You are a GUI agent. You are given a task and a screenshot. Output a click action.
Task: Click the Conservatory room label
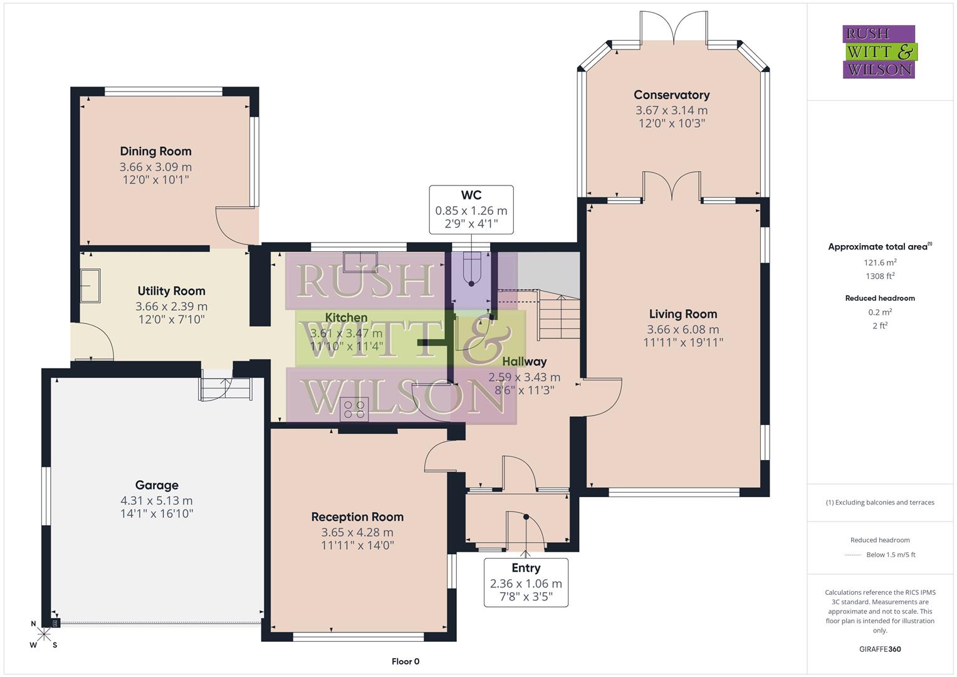671,95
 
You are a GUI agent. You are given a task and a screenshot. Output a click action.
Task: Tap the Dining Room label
155,151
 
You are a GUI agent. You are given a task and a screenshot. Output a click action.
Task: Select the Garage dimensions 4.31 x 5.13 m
157,500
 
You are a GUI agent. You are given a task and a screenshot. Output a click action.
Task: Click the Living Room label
682,314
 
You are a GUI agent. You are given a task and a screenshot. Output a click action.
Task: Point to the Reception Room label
357,517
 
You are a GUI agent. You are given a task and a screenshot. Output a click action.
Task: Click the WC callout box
471,209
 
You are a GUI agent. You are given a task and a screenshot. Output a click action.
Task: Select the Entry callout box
526,582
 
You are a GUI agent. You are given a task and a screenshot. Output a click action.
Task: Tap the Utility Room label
171,291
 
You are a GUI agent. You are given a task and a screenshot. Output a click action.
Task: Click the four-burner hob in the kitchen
354,409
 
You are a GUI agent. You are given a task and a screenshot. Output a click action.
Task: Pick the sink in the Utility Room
90,286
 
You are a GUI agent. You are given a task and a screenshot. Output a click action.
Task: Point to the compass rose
44,634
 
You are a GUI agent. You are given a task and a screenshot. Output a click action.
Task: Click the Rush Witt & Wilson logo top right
879,51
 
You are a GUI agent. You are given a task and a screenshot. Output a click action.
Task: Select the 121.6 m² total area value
880,263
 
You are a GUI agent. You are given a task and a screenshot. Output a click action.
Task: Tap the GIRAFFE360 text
880,649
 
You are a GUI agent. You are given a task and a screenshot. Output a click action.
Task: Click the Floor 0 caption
405,661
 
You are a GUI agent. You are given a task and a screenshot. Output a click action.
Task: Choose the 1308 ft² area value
880,276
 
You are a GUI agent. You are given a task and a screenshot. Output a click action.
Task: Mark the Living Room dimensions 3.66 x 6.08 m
682,329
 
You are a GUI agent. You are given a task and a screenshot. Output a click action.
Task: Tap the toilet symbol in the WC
471,270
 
